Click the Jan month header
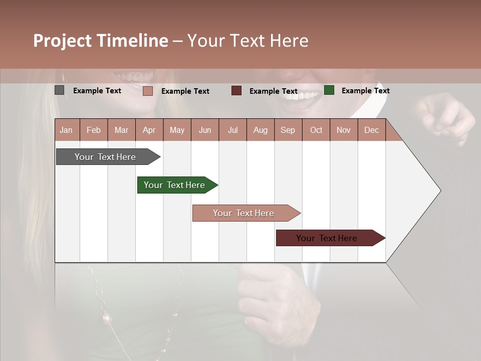tap(66, 130)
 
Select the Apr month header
tap(149, 130)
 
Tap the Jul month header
tap(232, 130)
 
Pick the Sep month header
tap(288, 130)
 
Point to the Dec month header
tap(371, 130)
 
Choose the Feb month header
tap(94, 130)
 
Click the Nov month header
tap(343, 130)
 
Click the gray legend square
tap(60, 90)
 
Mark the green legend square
tap(329, 90)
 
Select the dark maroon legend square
tap(236, 91)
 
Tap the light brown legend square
tap(148, 91)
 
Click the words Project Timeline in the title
tap(100, 41)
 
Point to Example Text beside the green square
tap(365, 91)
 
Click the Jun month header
tap(205, 130)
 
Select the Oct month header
tap(316, 130)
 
